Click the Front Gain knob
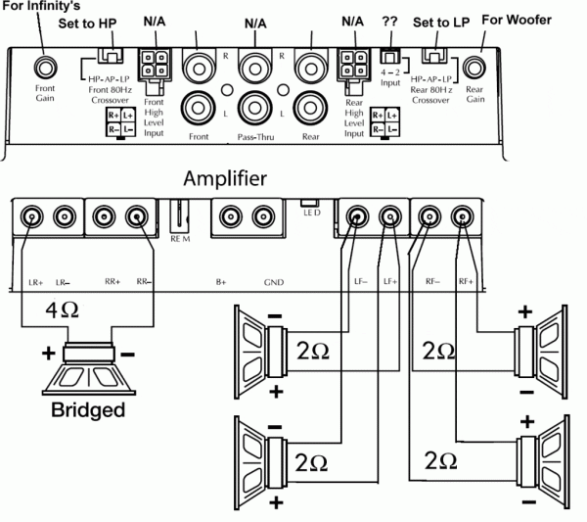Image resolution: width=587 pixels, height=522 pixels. click(x=45, y=68)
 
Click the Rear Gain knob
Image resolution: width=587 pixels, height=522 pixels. click(x=475, y=68)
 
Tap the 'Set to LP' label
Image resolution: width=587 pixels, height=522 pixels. click(x=439, y=22)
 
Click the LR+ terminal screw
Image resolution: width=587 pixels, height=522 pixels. click(x=33, y=216)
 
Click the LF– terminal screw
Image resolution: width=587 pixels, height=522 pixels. click(x=358, y=216)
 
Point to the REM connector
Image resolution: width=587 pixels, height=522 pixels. click(x=180, y=217)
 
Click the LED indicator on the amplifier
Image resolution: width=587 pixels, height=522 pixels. click(x=308, y=203)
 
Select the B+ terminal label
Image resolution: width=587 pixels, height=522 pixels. click(x=221, y=282)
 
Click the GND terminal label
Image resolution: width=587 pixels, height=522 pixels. click(x=273, y=282)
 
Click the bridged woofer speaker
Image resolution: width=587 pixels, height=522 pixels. click(x=88, y=367)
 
